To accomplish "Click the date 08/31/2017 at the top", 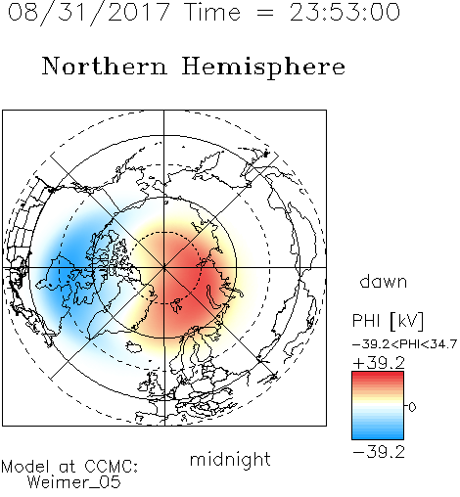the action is click(x=89, y=13).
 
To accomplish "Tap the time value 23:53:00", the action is click(x=345, y=12).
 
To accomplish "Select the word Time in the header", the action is click(x=212, y=12).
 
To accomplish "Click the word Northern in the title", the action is click(x=105, y=66).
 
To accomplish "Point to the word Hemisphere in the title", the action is click(x=263, y=68).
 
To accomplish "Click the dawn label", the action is click(x=384, y=281).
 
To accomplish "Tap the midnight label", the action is click(x=230, y=460).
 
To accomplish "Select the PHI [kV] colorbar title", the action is click(x=388, y=321).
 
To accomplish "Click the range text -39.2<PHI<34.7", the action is click(x=404, y=344).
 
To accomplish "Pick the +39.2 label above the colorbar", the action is click(x=379, y=363).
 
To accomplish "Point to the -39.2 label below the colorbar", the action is click(x=379, y=452).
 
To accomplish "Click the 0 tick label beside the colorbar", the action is click(x=412, y=407).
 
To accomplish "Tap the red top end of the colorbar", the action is click(x=378, y=375).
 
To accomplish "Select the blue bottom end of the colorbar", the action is click(x=378, y=436).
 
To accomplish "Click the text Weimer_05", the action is click(x=74, y=482).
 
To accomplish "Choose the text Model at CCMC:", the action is click(x=69, y=467).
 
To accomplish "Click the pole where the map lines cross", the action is click(x=163, y=267).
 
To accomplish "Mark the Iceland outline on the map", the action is click(x=134, y=346).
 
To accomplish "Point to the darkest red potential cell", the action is click(x=183, y=271).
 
